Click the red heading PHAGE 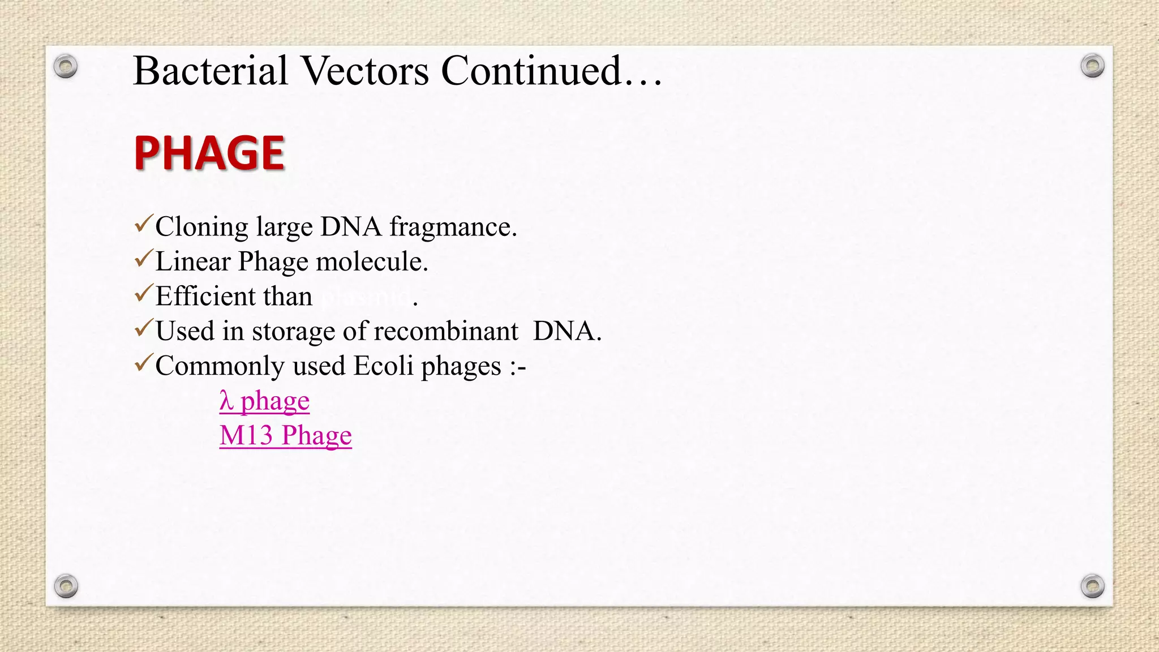[209, 153]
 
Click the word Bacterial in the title [211, 71]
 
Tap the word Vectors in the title [365, 71]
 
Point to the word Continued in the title [532, 71]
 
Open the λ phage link [264, 401]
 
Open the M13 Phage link [285, 436]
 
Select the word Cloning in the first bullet [201, 227]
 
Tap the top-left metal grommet [66, 67]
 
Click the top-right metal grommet [1092, 66]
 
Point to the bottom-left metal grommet [66, 586]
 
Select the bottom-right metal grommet [1092, 586]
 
